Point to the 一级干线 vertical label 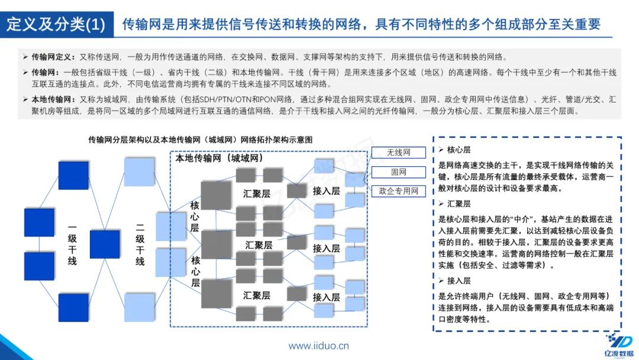click(x=72, y=244)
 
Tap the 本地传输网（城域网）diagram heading click(x=220, y=159)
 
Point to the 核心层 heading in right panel click(x=459, y=150)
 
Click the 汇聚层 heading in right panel click(x=459, y=204)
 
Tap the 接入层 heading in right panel click(x=459, y=281)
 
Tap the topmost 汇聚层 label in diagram click(x=257, y=193)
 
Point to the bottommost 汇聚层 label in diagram click(x=257, y=295)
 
